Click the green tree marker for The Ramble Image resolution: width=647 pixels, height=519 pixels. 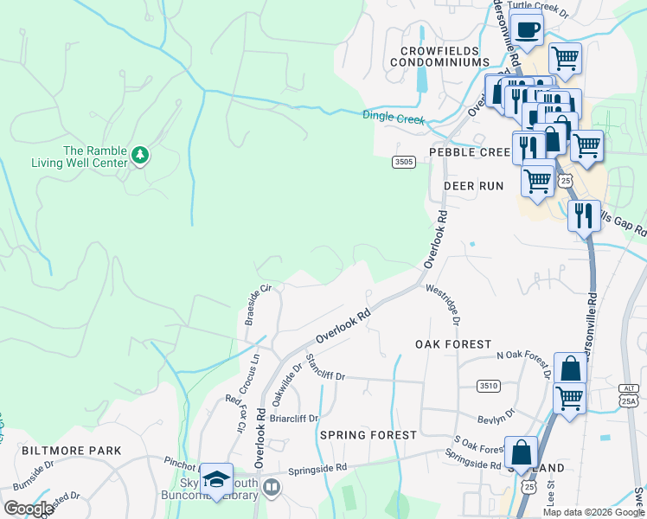[140, 156]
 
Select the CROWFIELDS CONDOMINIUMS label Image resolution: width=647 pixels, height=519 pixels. [439, 55]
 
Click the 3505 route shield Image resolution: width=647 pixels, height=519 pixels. [403, 162]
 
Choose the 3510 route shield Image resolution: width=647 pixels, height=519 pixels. [488, 385]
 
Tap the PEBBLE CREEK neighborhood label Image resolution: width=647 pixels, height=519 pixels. [471, 151]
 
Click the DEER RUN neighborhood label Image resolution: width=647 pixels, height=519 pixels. [473, 186]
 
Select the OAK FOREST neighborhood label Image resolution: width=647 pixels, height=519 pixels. [452, 344]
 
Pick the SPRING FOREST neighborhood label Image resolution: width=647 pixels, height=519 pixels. [359, 435]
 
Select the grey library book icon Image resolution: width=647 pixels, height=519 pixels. [272, 489]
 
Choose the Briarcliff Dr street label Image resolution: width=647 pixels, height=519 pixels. [294, 419]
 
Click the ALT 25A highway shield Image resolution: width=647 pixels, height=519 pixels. [628, 396]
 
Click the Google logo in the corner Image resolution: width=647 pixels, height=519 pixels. [29, 508]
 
